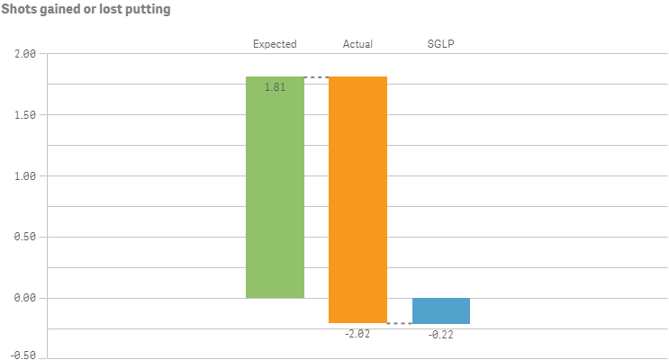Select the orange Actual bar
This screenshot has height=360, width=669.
point(357,198)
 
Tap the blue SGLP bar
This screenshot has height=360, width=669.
point(441,310)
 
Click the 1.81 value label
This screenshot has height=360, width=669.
point(275,87)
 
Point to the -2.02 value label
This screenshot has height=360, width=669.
point(357,333)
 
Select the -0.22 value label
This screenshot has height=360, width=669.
point(441,334)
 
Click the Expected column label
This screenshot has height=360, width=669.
point(275,43)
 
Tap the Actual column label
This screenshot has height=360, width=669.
point(357,43)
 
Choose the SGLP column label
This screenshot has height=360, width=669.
point(441,43)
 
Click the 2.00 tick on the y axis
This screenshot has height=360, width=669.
point(24,54)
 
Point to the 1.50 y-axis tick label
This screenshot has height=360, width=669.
point(24,115)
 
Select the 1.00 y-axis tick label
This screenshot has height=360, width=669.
point(24,176)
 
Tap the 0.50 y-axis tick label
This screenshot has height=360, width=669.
point(24,238)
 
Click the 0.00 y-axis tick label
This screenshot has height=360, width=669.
point(24,298)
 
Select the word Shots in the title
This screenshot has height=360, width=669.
point(18,10)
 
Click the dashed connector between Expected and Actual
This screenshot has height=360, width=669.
point(316,77)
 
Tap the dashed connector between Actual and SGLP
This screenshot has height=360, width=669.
point(399,323)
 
